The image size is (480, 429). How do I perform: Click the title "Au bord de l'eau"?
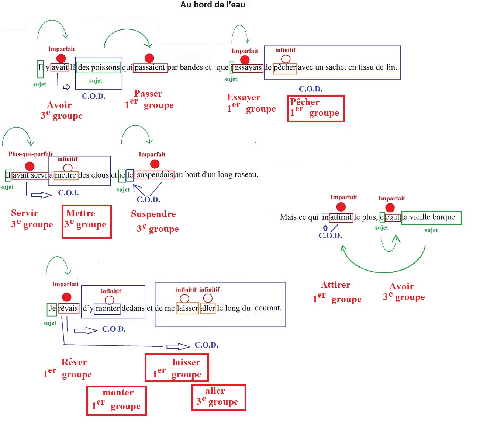[213, 5]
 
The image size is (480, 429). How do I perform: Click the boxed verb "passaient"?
[150, 68]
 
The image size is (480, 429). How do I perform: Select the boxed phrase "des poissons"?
[99, 67]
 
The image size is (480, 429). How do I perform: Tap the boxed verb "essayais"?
[248, 68]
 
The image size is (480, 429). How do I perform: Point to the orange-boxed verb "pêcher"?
[285, 68]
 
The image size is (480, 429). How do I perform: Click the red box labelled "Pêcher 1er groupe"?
[316, 108]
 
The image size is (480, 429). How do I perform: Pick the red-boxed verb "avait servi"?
[30, 175]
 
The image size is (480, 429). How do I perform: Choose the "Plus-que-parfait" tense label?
[31, 154]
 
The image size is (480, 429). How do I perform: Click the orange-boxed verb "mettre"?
[66, 175]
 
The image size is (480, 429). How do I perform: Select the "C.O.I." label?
[69, 193]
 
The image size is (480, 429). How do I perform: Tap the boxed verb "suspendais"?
[155, 175]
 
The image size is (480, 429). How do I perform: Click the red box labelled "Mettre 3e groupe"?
[87, 222]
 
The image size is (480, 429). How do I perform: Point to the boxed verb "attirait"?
[341, 217]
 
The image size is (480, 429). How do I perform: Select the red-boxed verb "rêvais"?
[69, 308]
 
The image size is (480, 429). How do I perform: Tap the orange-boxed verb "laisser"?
[187, 308]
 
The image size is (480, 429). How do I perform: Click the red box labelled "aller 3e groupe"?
[219, 397]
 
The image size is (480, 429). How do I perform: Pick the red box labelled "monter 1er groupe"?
[117, 401]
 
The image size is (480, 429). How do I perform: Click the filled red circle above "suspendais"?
[155, 164]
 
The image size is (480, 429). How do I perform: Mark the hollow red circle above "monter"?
[109, 300]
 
